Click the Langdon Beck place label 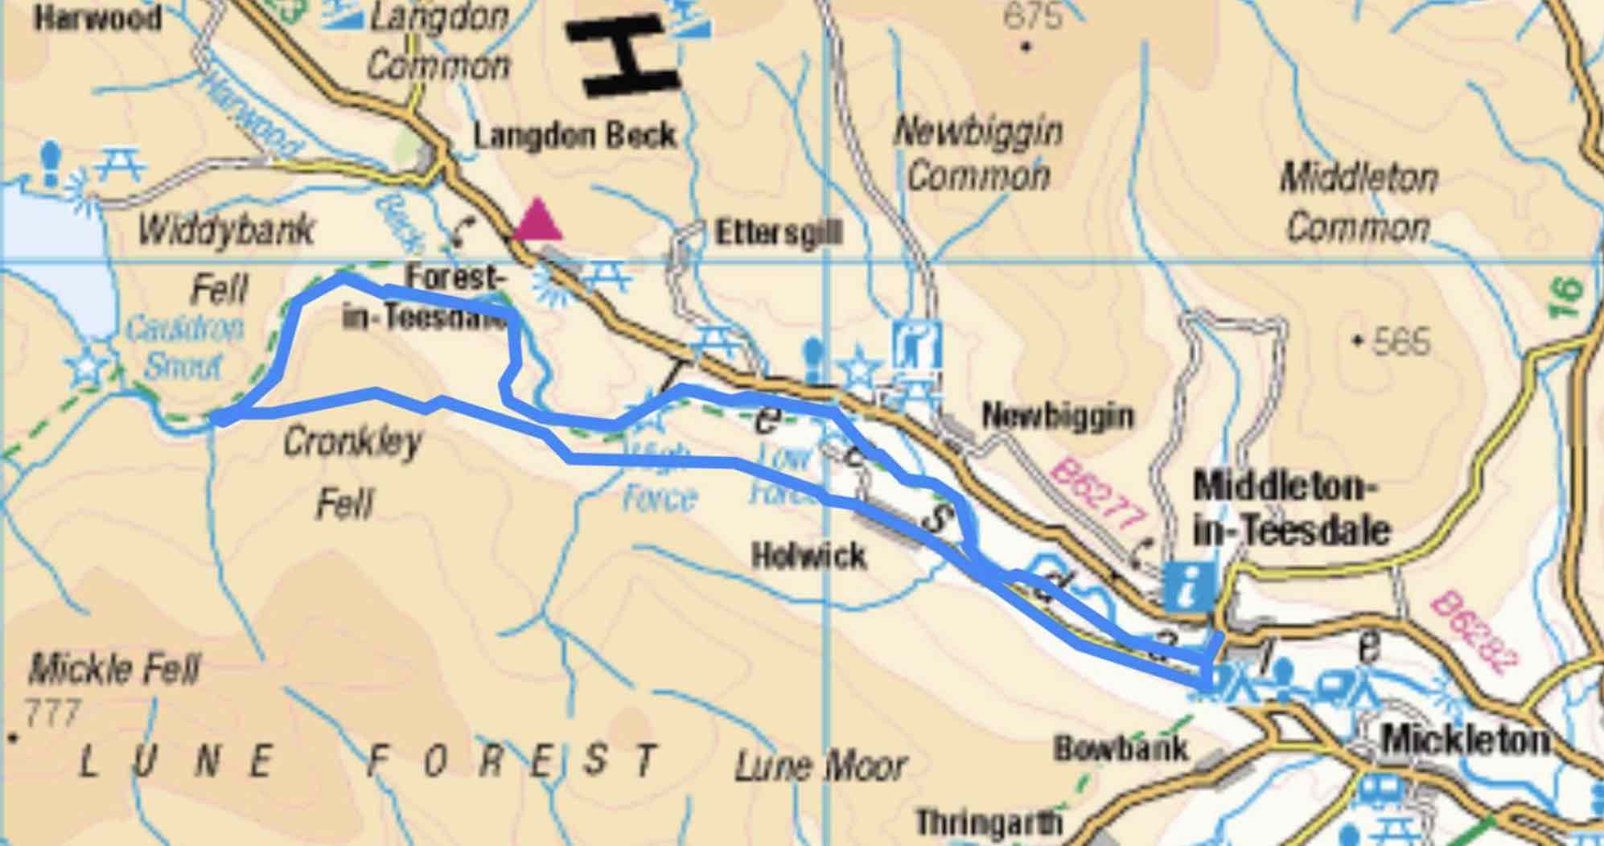(x=574, y=135)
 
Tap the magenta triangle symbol (x=538, y=222)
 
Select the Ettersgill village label (x=778, y=234)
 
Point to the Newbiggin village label (x=1057, y=416)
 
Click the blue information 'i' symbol (x=1188, y=585)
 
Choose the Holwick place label (x=808, y=556)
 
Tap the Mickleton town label (x=1464, y=740)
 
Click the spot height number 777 (x=53, y=713)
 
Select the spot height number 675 (x=1033, y=16)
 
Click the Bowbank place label (x=1121, y=749)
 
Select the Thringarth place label (x=989, y=822)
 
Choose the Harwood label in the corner (x=97, y=17)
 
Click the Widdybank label (x=225, y=231)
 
